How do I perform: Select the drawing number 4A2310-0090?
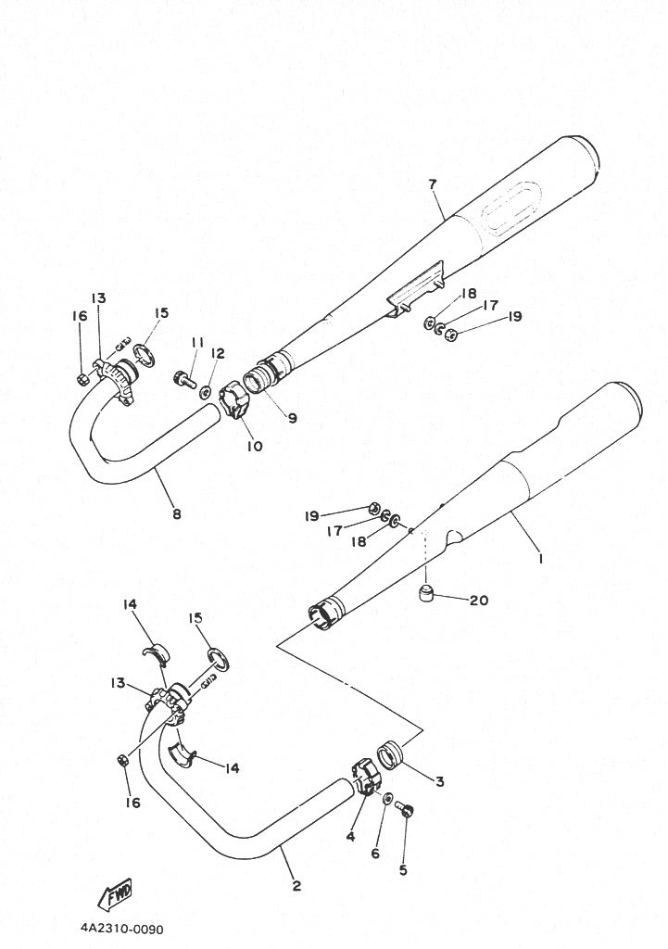click(x=121, y=929)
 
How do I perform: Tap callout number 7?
click(x=432, y=184)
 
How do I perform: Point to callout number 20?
click(x=478, y=601)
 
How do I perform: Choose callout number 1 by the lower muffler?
click(x=540, y=559)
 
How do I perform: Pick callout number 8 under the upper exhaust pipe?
click(x=177, y=514)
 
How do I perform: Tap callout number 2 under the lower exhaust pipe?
click(x=296, y=886)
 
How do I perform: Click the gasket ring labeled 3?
click(x=392, y=756)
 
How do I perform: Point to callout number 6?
click(x=375, y=854)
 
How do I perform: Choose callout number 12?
click(x=218, y=353)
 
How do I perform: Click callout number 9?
click(x=292, y=418)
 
